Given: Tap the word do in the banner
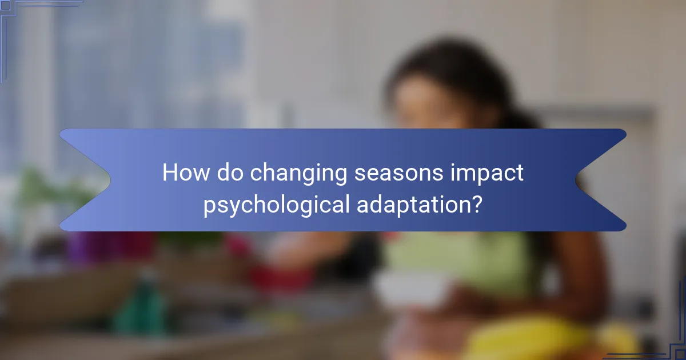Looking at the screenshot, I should [x=229, y=173].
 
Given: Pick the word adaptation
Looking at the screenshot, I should [x=408, y=205].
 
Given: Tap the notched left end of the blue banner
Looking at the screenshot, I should [x=80, y=179].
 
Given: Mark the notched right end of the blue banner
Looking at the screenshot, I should [x=606, y=179].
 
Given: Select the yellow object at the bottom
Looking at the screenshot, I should [x=526, y=337].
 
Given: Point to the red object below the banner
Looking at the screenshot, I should [x=280, y=274].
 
